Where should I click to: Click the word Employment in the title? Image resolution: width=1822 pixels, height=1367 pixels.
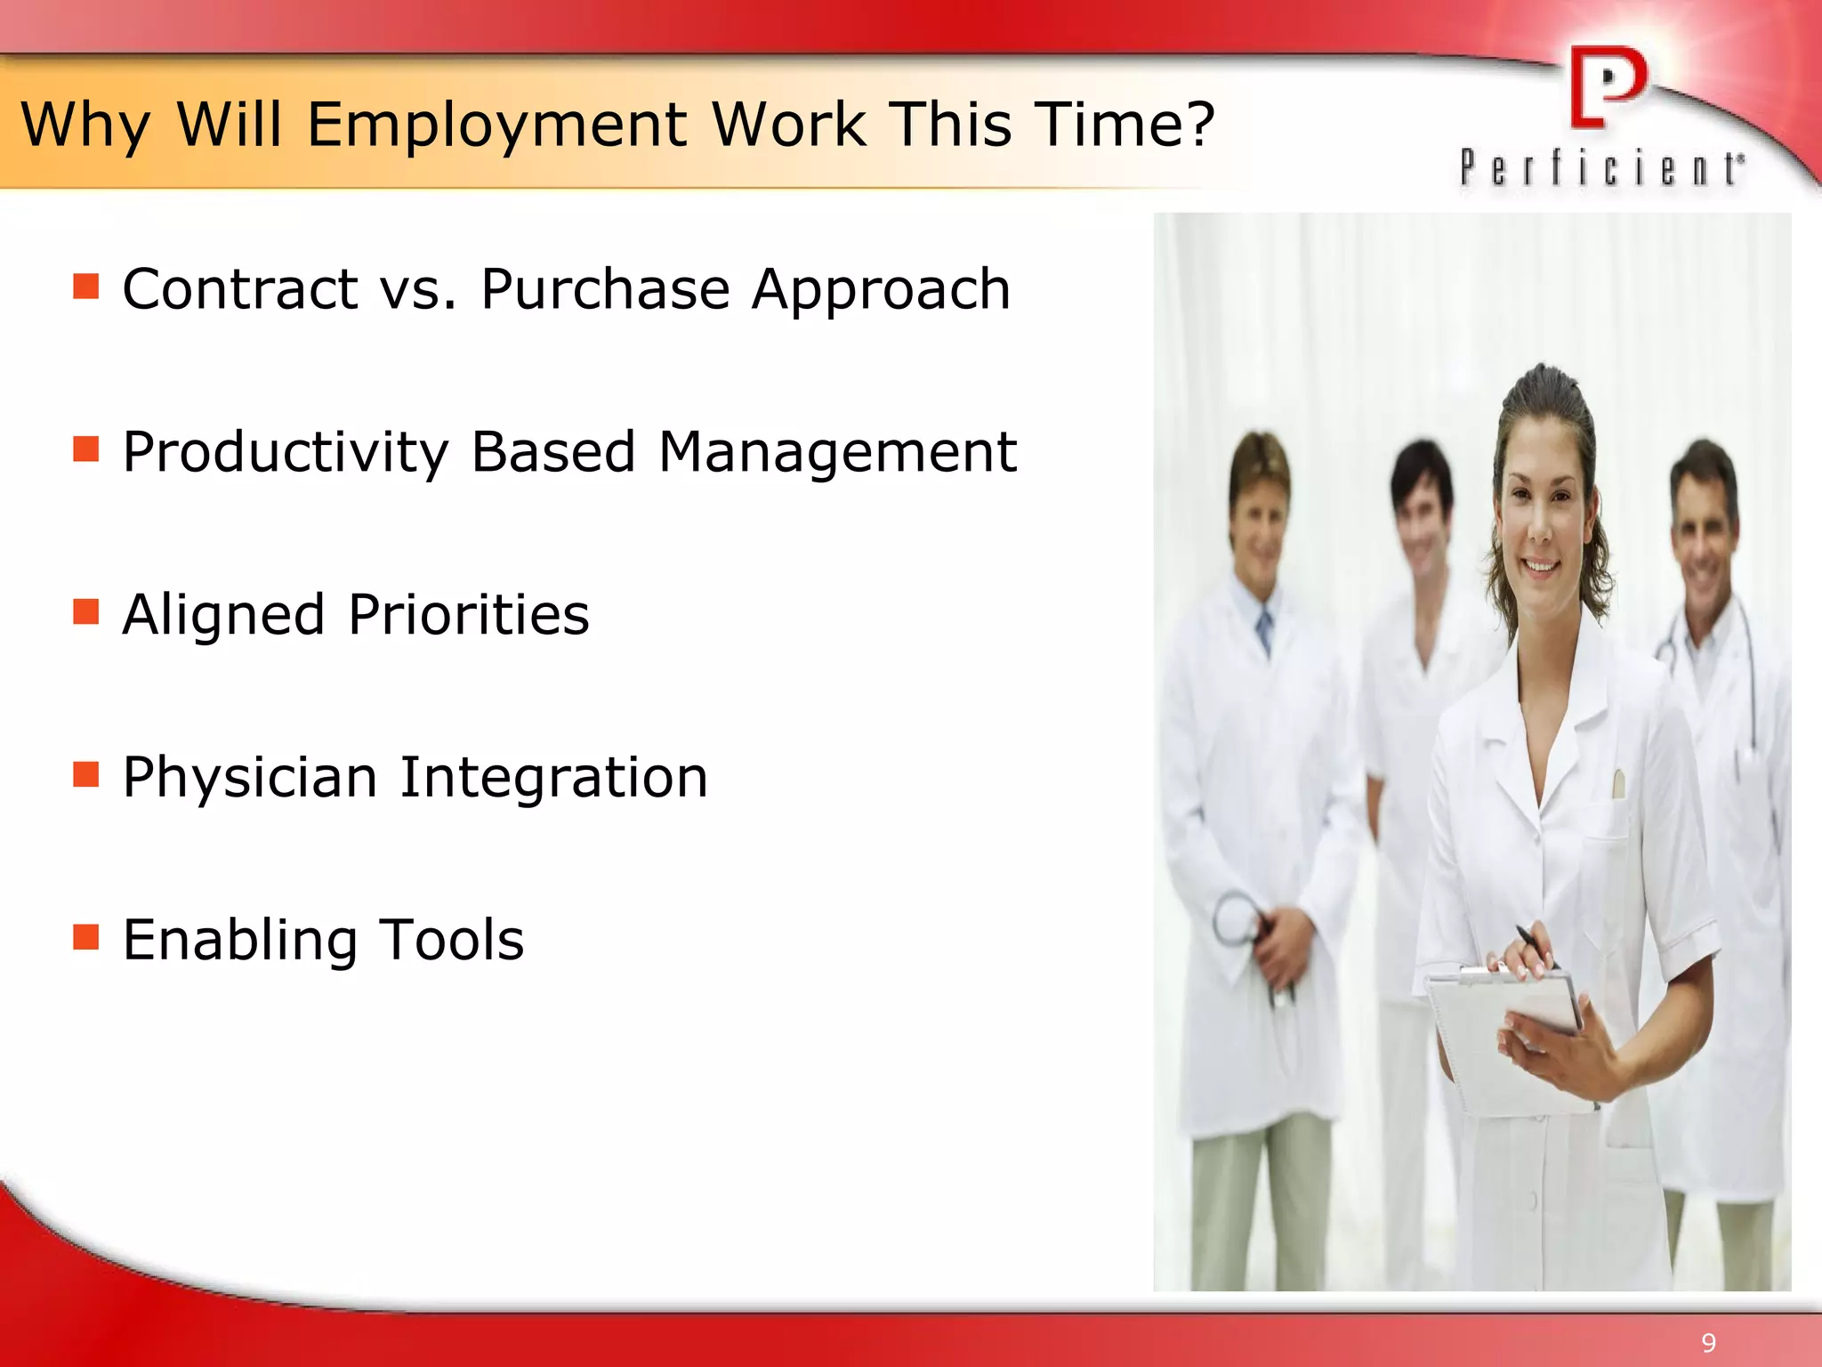(x=497, y=125)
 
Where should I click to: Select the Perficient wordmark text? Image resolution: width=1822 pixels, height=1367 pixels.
(x=1602, y=168)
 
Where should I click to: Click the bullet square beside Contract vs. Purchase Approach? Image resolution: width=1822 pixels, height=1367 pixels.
(x=85, y=287)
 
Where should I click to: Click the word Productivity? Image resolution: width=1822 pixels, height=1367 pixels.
(x=285, y=452)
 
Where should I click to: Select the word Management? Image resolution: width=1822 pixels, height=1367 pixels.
(x=836, y=452)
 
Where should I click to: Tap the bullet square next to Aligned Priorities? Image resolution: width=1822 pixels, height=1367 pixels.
(x=85, y=612)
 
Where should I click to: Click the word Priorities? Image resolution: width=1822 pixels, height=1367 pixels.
(x=469, y=615)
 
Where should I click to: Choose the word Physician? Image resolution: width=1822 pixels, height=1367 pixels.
(x=249, y=778)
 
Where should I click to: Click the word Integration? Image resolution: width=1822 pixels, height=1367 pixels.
(x=553, y=778)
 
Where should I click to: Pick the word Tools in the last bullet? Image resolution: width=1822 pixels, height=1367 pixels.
(x=451, y=941)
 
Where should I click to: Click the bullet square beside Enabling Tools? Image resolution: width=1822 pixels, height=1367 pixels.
(x=85, y=937)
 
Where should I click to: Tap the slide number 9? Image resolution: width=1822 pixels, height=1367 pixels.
(x=1708, y=1343)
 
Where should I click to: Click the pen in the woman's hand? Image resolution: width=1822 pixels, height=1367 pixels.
(x=1536, y=943)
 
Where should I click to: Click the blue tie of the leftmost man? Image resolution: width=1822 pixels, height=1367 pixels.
(x=1264, y=628)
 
